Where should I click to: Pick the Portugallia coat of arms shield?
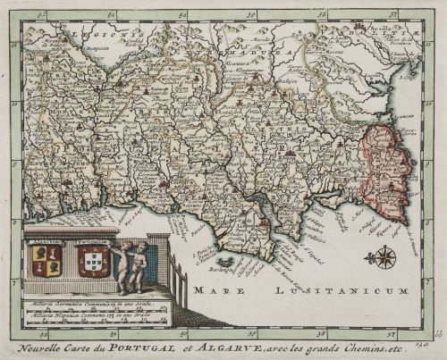pyautogui.click(x=92, y=260)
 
